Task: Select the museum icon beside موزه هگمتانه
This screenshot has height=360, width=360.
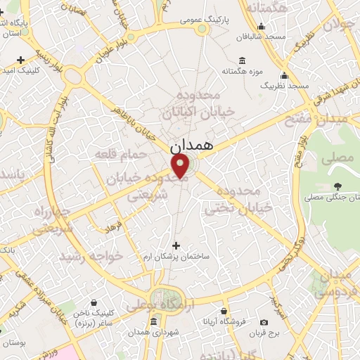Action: click(242, 60)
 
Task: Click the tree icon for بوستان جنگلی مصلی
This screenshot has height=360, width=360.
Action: click(338, 186)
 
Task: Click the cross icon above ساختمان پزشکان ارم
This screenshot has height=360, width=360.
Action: click(176, 245)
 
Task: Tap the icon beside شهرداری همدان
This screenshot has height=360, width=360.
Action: click(154, 322)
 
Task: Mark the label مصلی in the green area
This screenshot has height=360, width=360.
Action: click(337, 158)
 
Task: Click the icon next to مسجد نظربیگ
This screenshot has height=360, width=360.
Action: click(284, 75)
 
